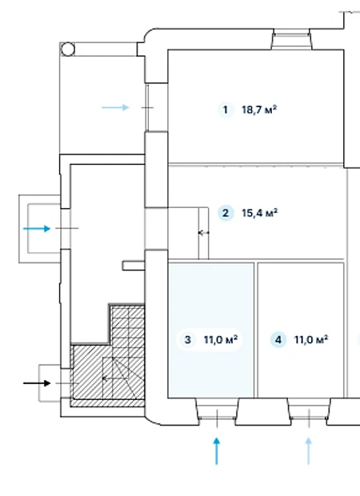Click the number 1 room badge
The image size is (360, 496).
coord(226,110)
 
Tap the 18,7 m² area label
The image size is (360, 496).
coord(259,110)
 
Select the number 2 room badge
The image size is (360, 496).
coord(226,213)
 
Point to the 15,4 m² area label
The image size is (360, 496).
coord(260,213)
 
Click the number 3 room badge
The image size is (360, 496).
coord(187,340)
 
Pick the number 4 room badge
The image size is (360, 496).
coord(278,340)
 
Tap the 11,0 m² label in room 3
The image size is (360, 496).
coord(221,340)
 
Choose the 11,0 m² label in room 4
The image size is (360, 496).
coord(311,340)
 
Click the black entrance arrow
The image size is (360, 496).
coord(37,383)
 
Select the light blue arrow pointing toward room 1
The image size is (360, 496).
coord(115,107)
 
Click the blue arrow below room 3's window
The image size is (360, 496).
coord(217,451)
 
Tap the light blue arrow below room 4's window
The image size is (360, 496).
coord(309,451)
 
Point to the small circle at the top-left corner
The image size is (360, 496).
coord(67,50)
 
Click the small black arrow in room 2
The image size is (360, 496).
coord(203,233)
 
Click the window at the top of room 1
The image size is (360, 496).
coord(291,39)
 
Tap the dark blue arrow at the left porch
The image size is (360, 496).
coord(37,228)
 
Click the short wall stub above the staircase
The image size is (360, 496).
coord(134,266)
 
